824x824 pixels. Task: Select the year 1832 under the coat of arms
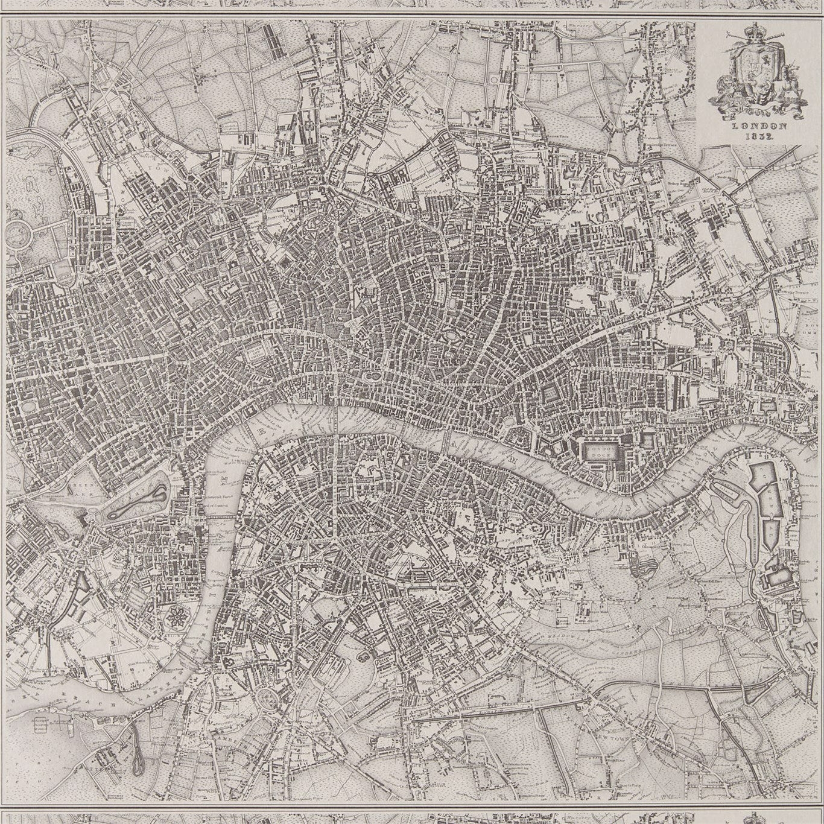(x=759, y=136)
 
